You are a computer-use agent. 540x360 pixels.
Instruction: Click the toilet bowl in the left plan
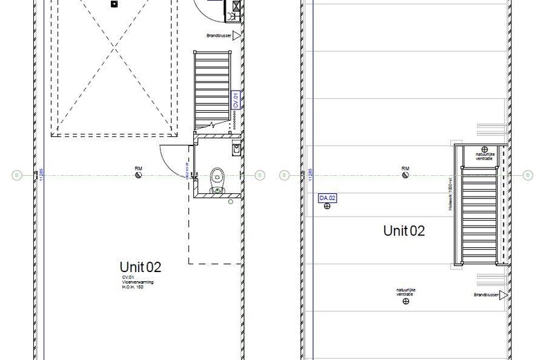[x=217, y=177]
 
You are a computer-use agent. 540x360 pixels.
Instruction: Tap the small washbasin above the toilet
[x=236, y=148]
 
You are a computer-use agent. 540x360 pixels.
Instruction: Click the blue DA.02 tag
[x=327, y=199]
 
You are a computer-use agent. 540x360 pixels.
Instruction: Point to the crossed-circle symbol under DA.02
[x=327, y=207]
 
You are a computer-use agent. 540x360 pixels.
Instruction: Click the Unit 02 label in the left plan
[x=141, y=267]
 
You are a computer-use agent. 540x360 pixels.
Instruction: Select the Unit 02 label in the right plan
[x=404, y=231]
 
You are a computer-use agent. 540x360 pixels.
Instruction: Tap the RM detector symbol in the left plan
[x=139, y=176]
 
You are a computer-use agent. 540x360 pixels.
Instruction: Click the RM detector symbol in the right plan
[x=406, y=176]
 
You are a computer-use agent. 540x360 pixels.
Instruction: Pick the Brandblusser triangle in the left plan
[x=236, y=35]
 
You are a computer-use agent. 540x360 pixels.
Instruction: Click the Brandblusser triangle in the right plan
[x=503, y=295]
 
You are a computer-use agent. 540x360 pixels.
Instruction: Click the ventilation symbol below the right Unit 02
[x=406, y=301]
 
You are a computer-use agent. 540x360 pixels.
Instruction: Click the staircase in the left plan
[x=211, y=90]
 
